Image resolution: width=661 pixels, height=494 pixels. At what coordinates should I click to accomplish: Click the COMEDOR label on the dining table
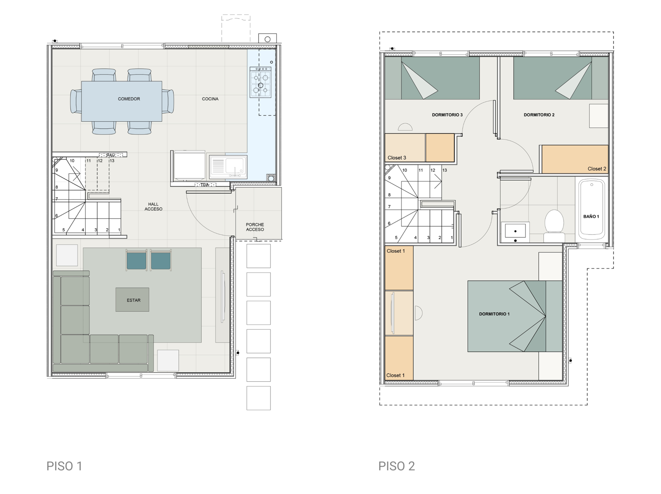click(129, 99)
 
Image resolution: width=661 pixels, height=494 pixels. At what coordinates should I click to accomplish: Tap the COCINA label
click(210, 99)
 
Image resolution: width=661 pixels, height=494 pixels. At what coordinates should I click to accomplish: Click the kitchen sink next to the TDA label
click(228, 167)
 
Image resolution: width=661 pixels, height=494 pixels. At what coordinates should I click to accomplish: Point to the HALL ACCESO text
click(153, 207)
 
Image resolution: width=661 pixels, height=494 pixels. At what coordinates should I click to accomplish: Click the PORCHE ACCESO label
click(255, 227)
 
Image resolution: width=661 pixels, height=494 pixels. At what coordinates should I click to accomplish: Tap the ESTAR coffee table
click(132, 300)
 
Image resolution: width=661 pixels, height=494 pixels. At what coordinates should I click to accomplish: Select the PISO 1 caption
click(64, 466)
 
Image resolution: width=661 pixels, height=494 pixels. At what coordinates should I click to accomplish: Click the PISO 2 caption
click(397, 466)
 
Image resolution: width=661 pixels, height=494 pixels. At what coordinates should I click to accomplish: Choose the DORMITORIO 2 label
click(539, 115)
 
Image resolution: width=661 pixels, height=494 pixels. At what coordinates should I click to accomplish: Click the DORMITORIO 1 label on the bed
click(494, 314)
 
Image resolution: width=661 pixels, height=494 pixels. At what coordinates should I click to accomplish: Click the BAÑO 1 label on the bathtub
click(591, 217)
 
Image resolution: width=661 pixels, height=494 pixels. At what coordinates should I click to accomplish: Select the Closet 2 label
click(597, 169)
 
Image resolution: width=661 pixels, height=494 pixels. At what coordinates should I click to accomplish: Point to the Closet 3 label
click(397, 158)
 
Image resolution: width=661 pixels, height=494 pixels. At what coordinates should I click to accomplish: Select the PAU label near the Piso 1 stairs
click(111, 155)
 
